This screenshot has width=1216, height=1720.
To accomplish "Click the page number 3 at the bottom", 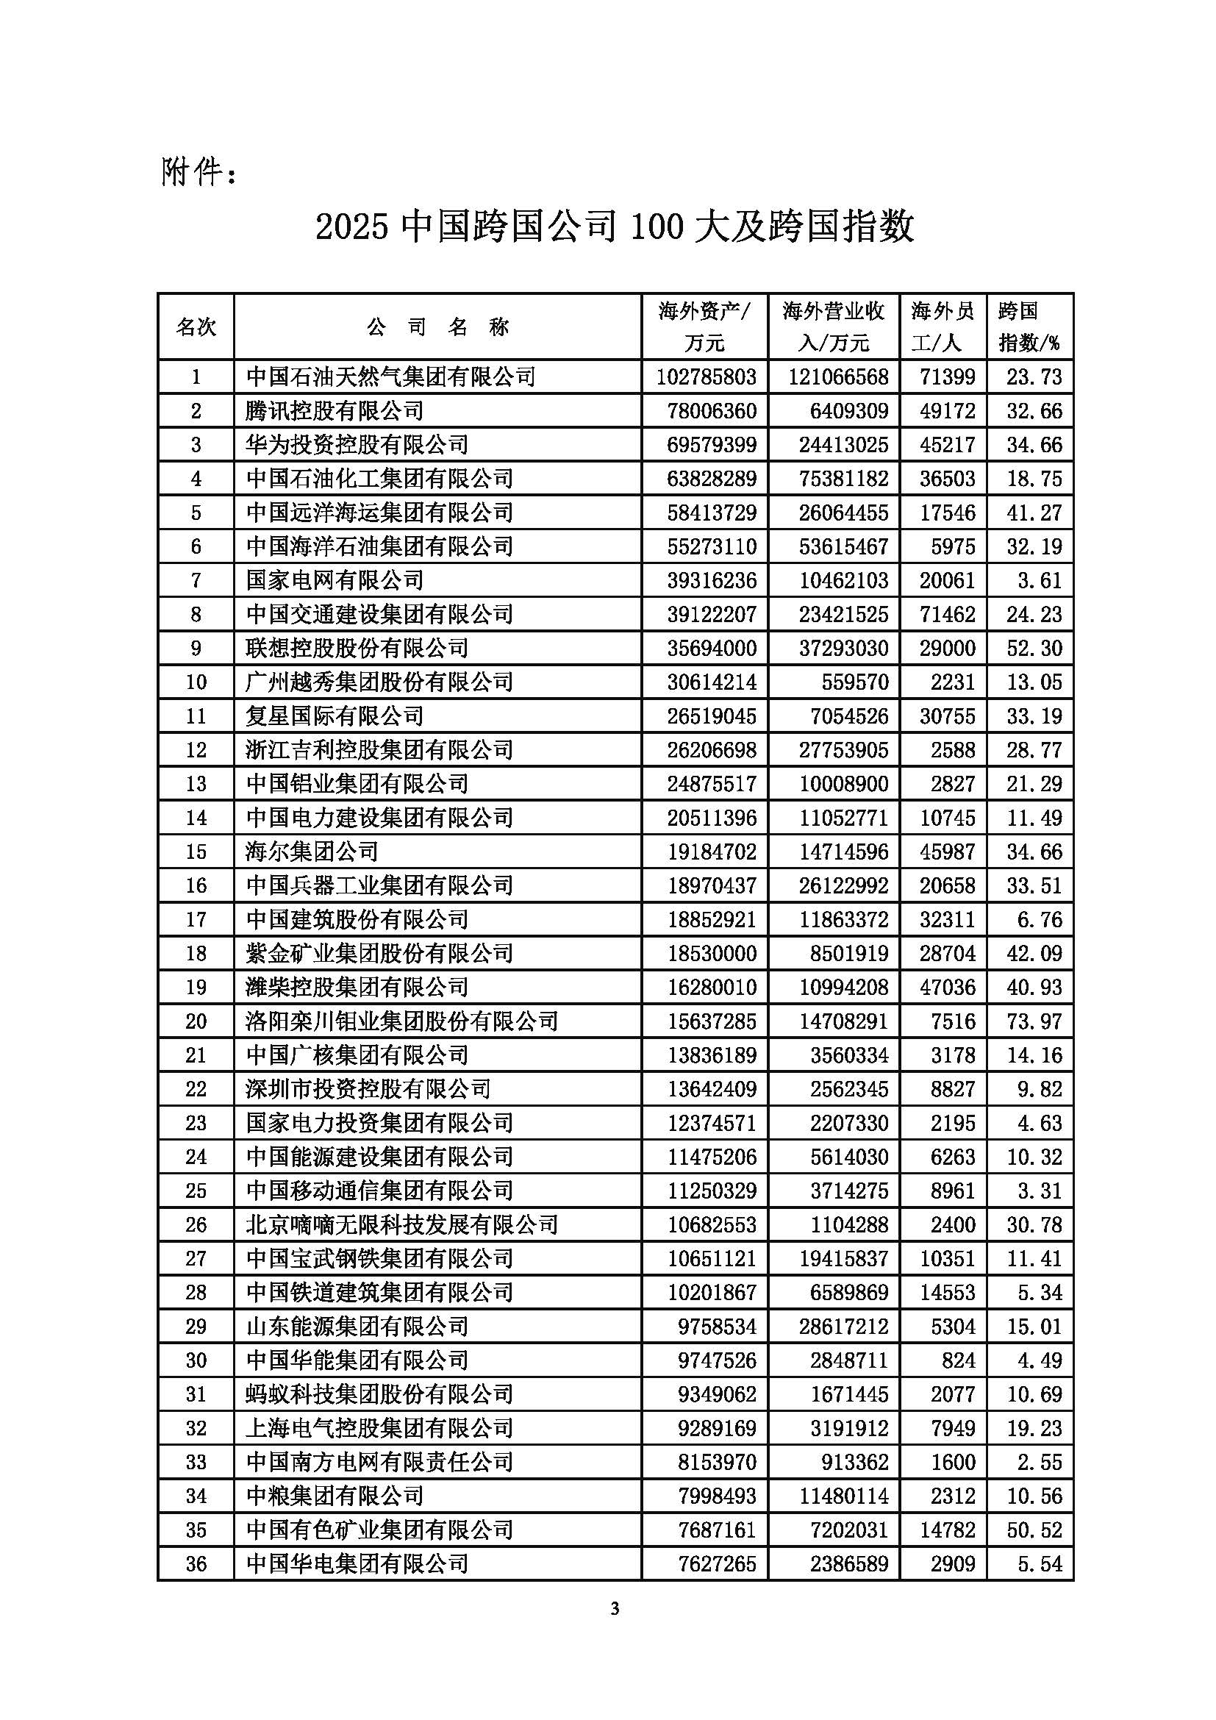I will tap(615, 1608).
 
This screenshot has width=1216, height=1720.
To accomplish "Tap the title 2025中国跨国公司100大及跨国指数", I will tap(615, 226).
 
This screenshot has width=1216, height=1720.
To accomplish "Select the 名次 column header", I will tap(196, 326).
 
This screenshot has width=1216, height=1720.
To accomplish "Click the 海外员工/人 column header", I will tap(943, 326).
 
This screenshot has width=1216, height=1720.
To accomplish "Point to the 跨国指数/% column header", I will tap(1029, 326).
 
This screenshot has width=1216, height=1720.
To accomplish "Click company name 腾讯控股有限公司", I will tap(335, 410).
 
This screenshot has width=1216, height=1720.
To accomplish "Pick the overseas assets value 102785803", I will tap(706, 377).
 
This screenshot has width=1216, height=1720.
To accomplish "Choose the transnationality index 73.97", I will tap(1034, 1021).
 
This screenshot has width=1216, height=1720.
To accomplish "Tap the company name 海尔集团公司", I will tap(312, 852).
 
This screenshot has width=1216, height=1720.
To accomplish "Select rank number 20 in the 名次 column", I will tap(196, 1021).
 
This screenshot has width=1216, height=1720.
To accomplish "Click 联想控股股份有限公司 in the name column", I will tap(357, 648).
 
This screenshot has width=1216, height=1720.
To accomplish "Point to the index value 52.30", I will tap(1034, 648).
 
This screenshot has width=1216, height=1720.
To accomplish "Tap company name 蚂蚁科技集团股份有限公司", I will tap(379, 1394).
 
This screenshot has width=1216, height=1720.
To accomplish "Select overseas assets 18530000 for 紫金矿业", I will tap(712, 954).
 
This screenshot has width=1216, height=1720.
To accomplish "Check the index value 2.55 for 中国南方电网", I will tap(1040, 1462).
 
